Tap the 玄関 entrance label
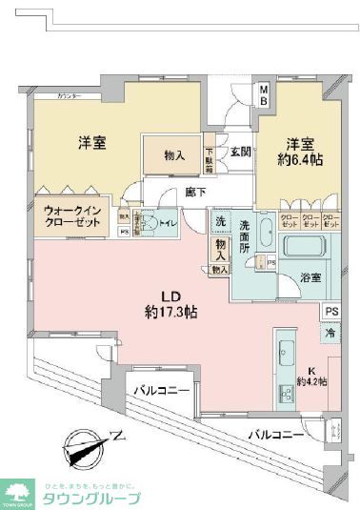tap(239, 152)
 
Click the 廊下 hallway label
tap(196, 192)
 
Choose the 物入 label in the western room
tap(173, 155)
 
